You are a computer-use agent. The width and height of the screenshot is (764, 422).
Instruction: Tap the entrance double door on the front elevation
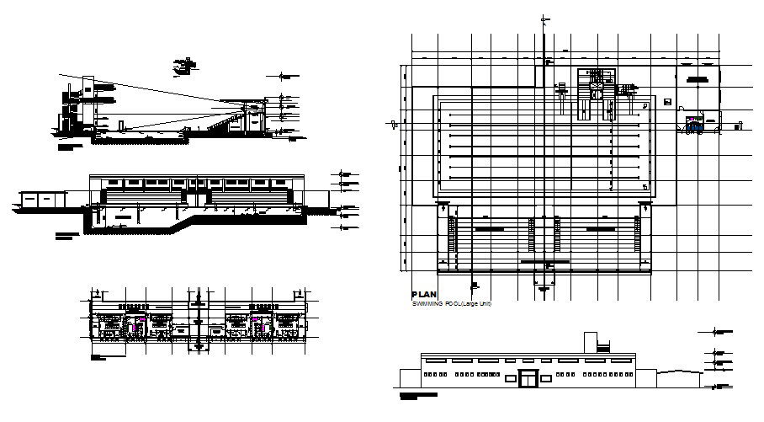(x=528, y=378)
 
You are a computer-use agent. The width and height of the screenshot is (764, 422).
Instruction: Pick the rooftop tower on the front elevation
(x=591, y=342)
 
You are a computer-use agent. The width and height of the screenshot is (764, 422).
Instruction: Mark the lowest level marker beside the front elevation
(x=719, y=385)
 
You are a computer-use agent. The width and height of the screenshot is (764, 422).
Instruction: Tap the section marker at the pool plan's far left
(x=395, y=125)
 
